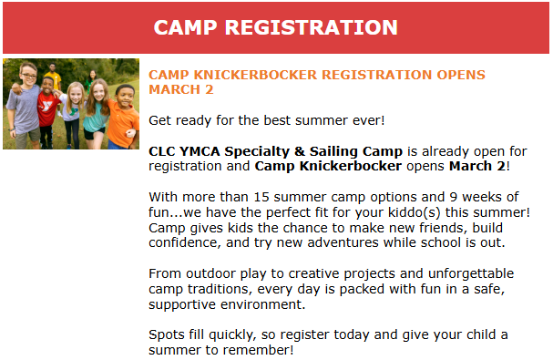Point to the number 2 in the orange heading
(x=210, y=89)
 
